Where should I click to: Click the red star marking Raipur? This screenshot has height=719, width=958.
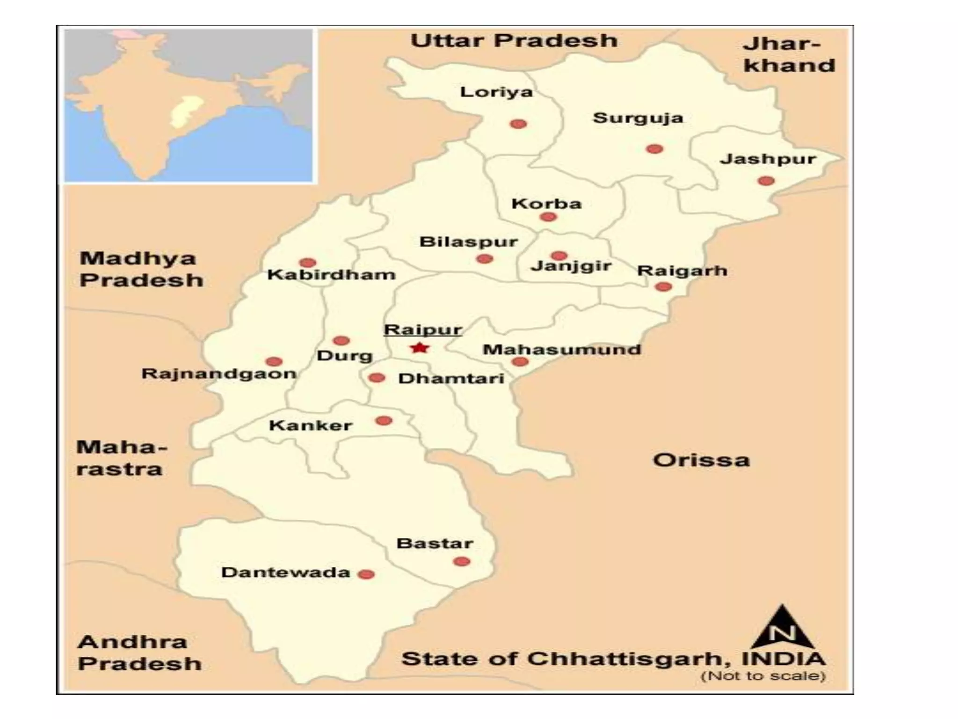[x=420, y=348]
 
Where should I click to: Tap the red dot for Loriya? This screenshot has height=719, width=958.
[x=518, y=124]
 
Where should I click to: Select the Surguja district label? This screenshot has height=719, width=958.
[x=638, y=118]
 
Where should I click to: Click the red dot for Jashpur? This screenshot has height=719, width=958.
[x=766, y=181]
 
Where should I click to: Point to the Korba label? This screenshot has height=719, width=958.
[x=546, y=204]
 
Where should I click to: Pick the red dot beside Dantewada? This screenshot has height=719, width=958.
[x=366, y=574]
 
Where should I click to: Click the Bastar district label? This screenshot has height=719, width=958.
[x=435, y=543]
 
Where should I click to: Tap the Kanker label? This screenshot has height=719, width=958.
[x=311, y=426]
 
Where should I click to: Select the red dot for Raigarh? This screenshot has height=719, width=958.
[x=663, y=286]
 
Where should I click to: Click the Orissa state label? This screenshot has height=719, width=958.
[x=701, y=460]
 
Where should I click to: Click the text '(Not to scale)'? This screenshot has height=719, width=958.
[x=763, y=676]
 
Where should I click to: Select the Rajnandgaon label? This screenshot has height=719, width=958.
[x=219, y=374]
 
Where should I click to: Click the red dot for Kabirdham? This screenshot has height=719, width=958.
[x=307, y=263]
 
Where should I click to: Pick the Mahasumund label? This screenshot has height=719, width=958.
[x=562, y=350]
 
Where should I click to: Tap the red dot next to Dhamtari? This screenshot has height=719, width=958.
[x=377, y=378]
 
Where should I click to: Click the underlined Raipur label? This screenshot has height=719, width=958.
[x=423, y=330]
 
